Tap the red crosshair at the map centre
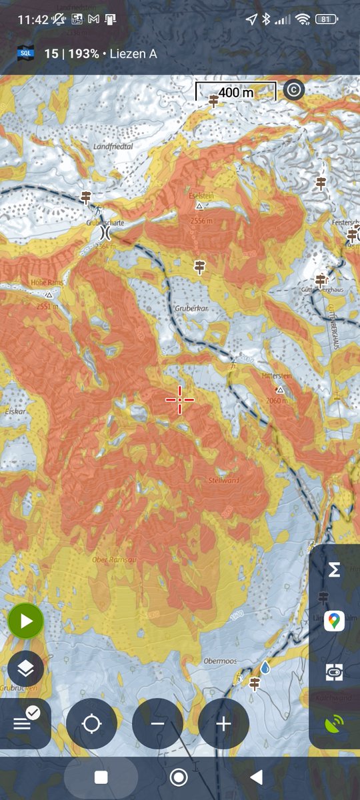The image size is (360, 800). [x=180, y=399]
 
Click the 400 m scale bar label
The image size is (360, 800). [x=236, y=93]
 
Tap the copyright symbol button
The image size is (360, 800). [x=293, y=89]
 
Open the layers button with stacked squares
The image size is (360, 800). [x=26, y=668]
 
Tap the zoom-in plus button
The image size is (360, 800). [x=223, y=723]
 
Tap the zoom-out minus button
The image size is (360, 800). [x=157, y=723]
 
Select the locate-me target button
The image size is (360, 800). [x=92, y=723]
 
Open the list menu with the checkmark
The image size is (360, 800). [x=26, y=721]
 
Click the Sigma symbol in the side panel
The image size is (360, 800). [x=335, y=570]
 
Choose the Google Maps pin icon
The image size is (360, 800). [x=335, y=621]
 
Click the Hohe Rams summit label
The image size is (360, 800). [x=47, y=283]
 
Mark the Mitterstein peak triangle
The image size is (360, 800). [x=281, y=389]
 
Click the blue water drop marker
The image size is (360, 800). [x=265, y=667]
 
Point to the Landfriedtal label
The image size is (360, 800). [x=114, y=146]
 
